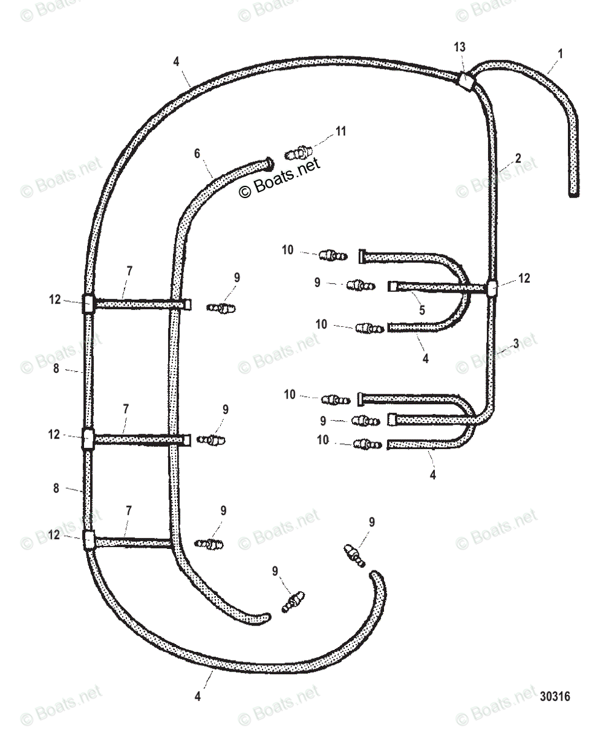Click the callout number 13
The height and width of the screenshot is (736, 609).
[459, 47]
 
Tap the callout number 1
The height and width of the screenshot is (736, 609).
[561, 54]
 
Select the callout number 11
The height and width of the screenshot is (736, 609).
[341, 131]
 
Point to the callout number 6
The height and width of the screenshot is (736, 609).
[197, 153]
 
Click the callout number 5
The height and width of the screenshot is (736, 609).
[422, 310]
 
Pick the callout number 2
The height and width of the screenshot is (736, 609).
[518, 158]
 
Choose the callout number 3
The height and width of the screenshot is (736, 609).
[516, 343]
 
